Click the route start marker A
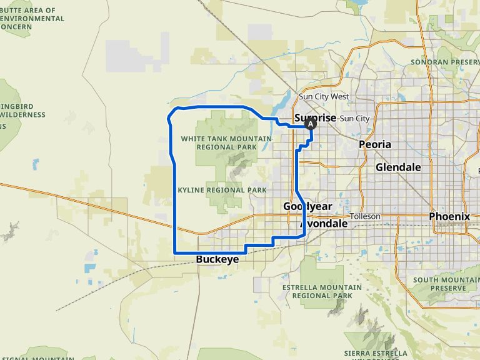(x=311, y=124)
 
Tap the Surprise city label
(x=315, y=117)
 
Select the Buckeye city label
(x=217, y=259)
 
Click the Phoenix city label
(x=449, y=216)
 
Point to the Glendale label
(x=398, y=167)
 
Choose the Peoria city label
(x=375, y=144)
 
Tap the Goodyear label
(x=307, y=206)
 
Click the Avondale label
(x=323, y=223)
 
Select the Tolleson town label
(x=365, y=216)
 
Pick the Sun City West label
(x=324, y=97)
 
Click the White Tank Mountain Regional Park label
(x=226, y=142)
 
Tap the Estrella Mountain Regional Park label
(x=322, y=291)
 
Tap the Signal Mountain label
(x=37, y=358)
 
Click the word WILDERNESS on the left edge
(x=22, y=115)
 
